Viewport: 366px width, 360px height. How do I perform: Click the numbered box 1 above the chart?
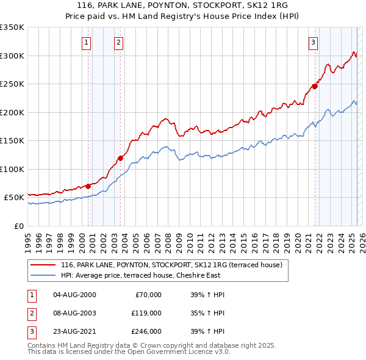86,42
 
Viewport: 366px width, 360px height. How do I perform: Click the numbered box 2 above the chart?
118,42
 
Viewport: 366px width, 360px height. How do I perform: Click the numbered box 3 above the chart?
313,42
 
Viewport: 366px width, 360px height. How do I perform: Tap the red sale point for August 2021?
315,87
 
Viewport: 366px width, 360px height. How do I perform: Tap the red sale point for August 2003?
121,159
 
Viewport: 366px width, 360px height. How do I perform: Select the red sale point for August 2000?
88,186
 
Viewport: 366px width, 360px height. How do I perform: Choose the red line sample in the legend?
43,265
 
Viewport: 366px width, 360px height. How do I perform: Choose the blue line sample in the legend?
43,276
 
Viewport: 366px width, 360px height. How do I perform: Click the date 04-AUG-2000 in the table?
74,295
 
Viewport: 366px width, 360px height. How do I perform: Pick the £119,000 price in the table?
146,313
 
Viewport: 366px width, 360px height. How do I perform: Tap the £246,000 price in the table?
146,331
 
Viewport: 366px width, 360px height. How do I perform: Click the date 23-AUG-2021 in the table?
74,331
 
